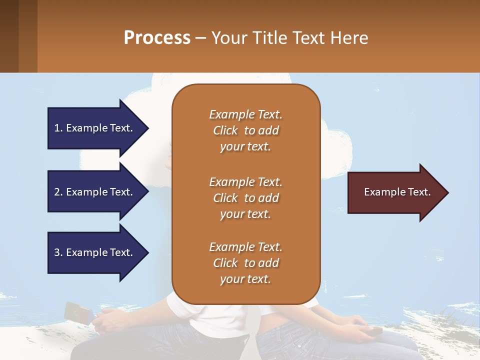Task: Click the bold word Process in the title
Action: click(157, 37)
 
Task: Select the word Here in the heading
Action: click(350, 37)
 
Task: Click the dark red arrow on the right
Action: click(395, 192)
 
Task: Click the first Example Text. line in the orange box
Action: click(245, 114)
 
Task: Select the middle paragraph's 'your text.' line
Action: click(245, 214)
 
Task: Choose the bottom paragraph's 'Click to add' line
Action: click(245, 263)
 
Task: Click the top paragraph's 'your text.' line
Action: click(245, 147)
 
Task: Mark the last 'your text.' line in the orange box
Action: click(245, 279)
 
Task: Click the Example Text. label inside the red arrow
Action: click(397, 192)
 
